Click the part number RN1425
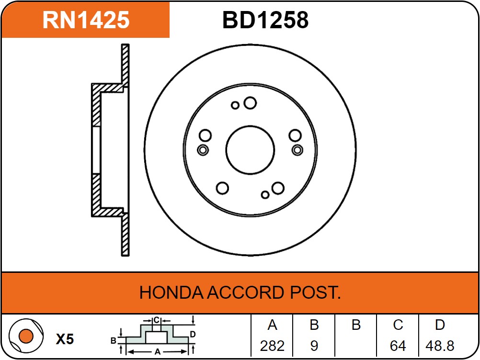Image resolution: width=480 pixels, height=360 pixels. click(86, 20)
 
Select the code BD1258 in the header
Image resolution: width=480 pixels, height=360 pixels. click(265, 20)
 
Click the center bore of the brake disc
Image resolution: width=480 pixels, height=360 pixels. click(250, 150)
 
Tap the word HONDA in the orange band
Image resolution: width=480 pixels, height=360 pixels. click(171, 292)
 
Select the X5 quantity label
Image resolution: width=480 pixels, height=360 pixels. click(65, 339)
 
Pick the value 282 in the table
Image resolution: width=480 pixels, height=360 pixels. click(272, 346)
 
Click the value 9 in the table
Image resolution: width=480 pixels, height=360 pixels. click(314, 346)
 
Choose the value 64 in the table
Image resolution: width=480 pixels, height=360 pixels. click(398, 346)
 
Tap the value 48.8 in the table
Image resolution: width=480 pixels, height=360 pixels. click(440, 346)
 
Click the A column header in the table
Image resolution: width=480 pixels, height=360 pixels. click(272, 326)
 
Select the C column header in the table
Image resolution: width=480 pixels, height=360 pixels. click(398, 326)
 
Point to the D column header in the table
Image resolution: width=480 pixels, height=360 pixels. click(440, 326)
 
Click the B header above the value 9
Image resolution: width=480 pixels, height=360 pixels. click(314, 326)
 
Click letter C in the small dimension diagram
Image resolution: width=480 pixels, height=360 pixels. click(156, 320)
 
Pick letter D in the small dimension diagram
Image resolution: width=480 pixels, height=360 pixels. click(192, 334)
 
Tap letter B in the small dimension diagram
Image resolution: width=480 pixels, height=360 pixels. click(114, 341)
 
